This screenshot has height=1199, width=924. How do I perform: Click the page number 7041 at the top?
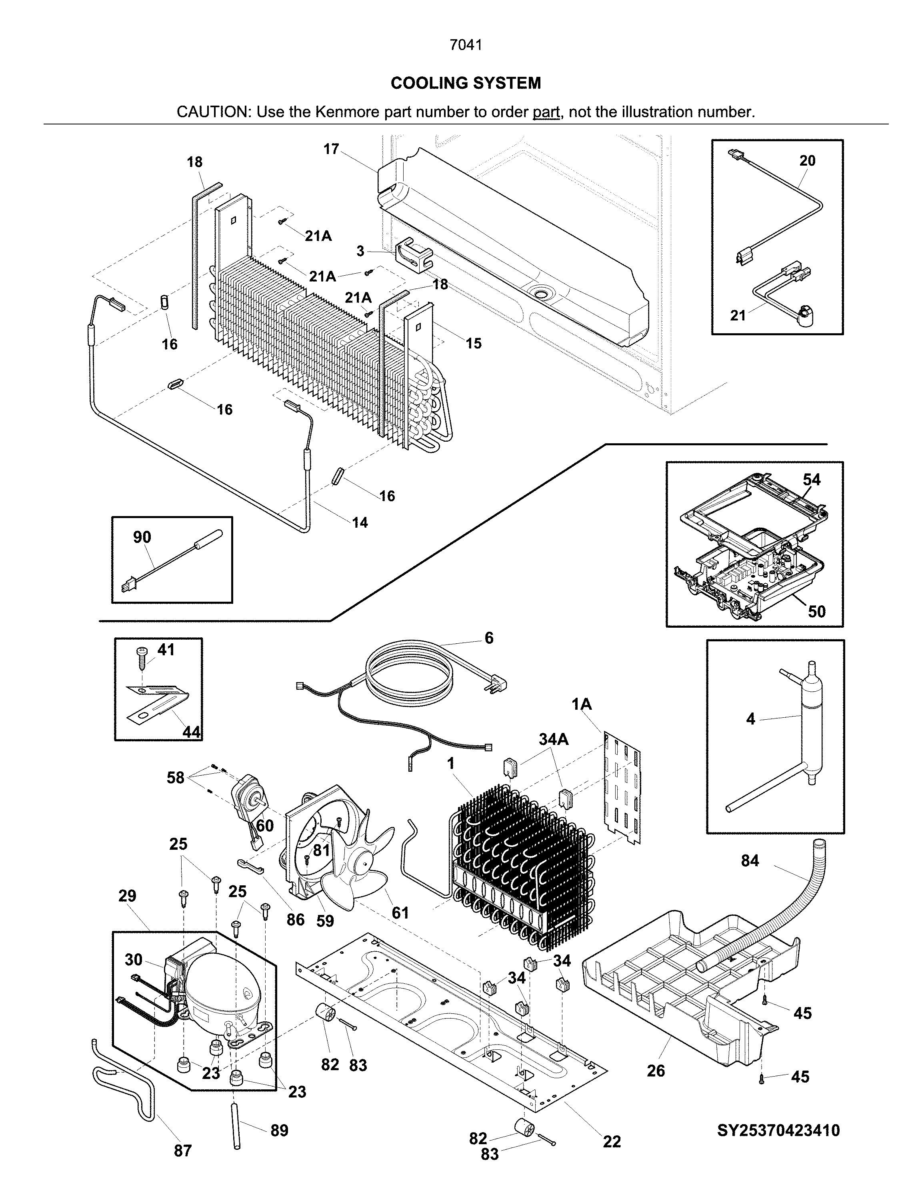tap(466, 45)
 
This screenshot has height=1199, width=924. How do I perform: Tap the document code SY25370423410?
tap(778, 1130)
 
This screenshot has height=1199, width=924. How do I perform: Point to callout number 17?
tap(331, 149)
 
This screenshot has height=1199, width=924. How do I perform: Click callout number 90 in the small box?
tap(142, 537)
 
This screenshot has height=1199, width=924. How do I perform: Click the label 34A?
tap(554, 739)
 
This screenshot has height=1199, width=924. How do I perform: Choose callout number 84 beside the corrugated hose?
tap(750, 861)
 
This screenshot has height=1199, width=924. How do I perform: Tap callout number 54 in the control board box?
tap(812, 480)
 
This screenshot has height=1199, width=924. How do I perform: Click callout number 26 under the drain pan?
tap(656, 1071)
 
